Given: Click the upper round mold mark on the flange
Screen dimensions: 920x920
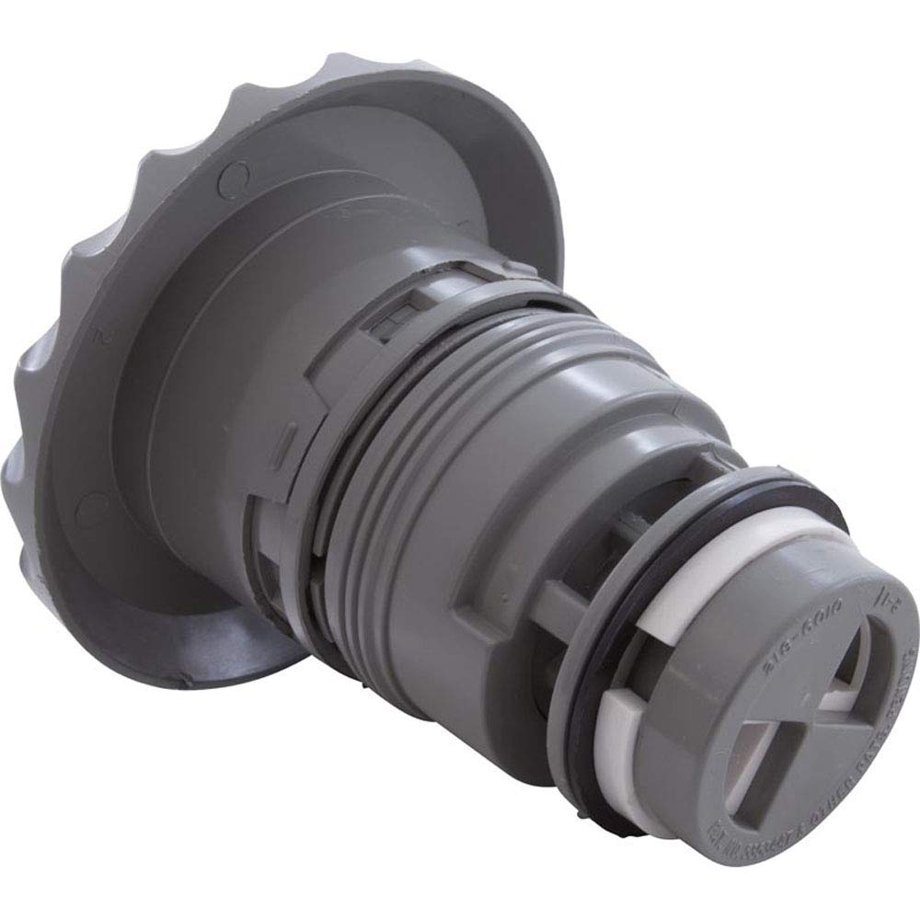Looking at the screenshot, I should (236, 172).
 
